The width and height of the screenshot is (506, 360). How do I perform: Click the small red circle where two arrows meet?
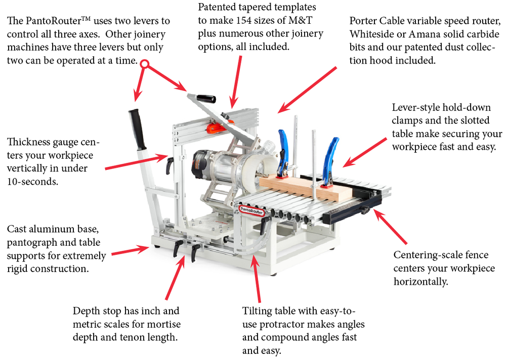click(x=145, y=64)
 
